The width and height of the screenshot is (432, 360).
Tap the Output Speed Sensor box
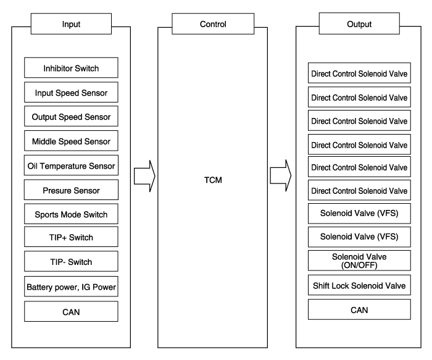pyautogui.click(x=71, y=116)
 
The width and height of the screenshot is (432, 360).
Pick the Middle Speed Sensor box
pyautogui.click(x=71, y=141)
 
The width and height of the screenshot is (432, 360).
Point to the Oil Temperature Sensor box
pyautogui.click(x=71, y=165)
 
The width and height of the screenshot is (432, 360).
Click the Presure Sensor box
pyautogui.click(x=71, y=190)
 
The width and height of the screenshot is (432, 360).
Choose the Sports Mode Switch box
pyautogui.click(x=71, y=214)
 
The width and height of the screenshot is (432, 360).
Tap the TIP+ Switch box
pyautogui.click(x=71, y=238)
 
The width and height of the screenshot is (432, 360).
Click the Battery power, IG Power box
pyautogui.click(x=71, y=287)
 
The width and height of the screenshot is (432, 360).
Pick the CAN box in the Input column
pyautogui.click(x=71, y=312)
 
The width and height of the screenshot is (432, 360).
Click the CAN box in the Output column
pyautogui.click(x=359, y=310)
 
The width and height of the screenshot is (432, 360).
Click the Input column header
pyautogui.click(x=72, y=25)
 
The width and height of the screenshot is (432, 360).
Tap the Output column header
pyautogui.click(x=359, y=25)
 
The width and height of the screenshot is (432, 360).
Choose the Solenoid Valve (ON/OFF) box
pyautogui.click(x=359, y=261)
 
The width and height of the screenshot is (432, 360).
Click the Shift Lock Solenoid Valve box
pyautogui.click(x=359, y=285)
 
